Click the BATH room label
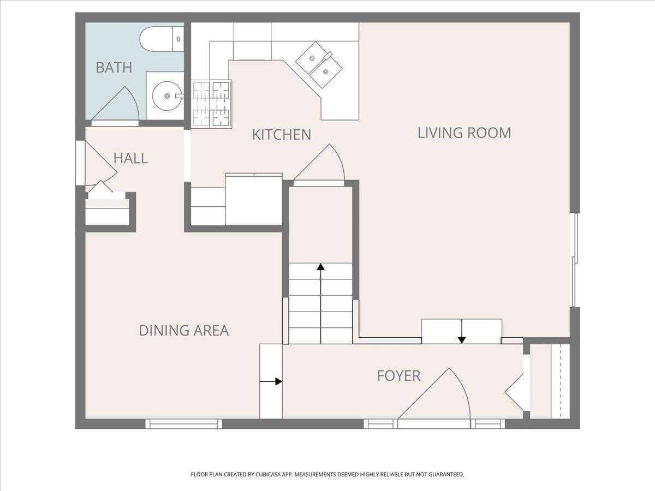(x=114, y=68)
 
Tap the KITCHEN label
(x=282, y=135)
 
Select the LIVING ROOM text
(x=465, y=133)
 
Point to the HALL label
(x=130, y=158)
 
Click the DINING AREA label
(x=184, y=331)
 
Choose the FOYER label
(x=398, y=376)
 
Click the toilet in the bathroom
(x=162, y=39)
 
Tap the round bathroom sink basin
(x=167, y=95)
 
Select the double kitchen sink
(x=319, y=65)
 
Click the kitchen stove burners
(x=212, y=103)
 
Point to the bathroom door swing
(x=115, y=104)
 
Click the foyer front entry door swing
(x=434, y=393)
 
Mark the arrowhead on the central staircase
(x=320, y=267)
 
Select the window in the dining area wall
(x=184, y=424)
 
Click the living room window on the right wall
(x=575, y=260)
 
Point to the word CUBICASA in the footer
(x=268, y=475)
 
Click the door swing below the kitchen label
(x=319, y=162)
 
